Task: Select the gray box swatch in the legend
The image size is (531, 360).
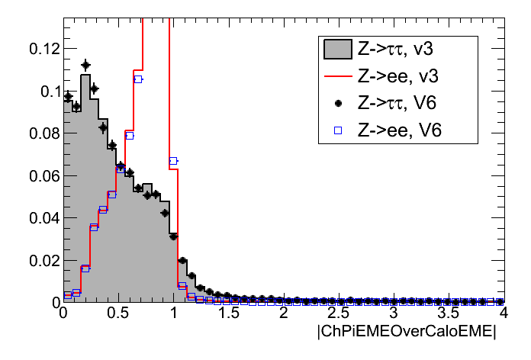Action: (x=337, y=50)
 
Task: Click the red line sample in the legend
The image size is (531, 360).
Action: (x=337, y=77)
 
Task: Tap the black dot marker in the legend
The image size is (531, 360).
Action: (x=337, y=103)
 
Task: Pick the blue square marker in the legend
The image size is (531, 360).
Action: (x=337, y=130)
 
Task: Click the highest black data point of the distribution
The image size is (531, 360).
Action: (x=85, y=65)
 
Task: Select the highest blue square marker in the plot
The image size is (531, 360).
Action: (x=138, y=79)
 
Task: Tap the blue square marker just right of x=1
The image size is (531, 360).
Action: (x=182, y=285)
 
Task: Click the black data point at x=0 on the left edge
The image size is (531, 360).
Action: (x=68, y=97)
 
